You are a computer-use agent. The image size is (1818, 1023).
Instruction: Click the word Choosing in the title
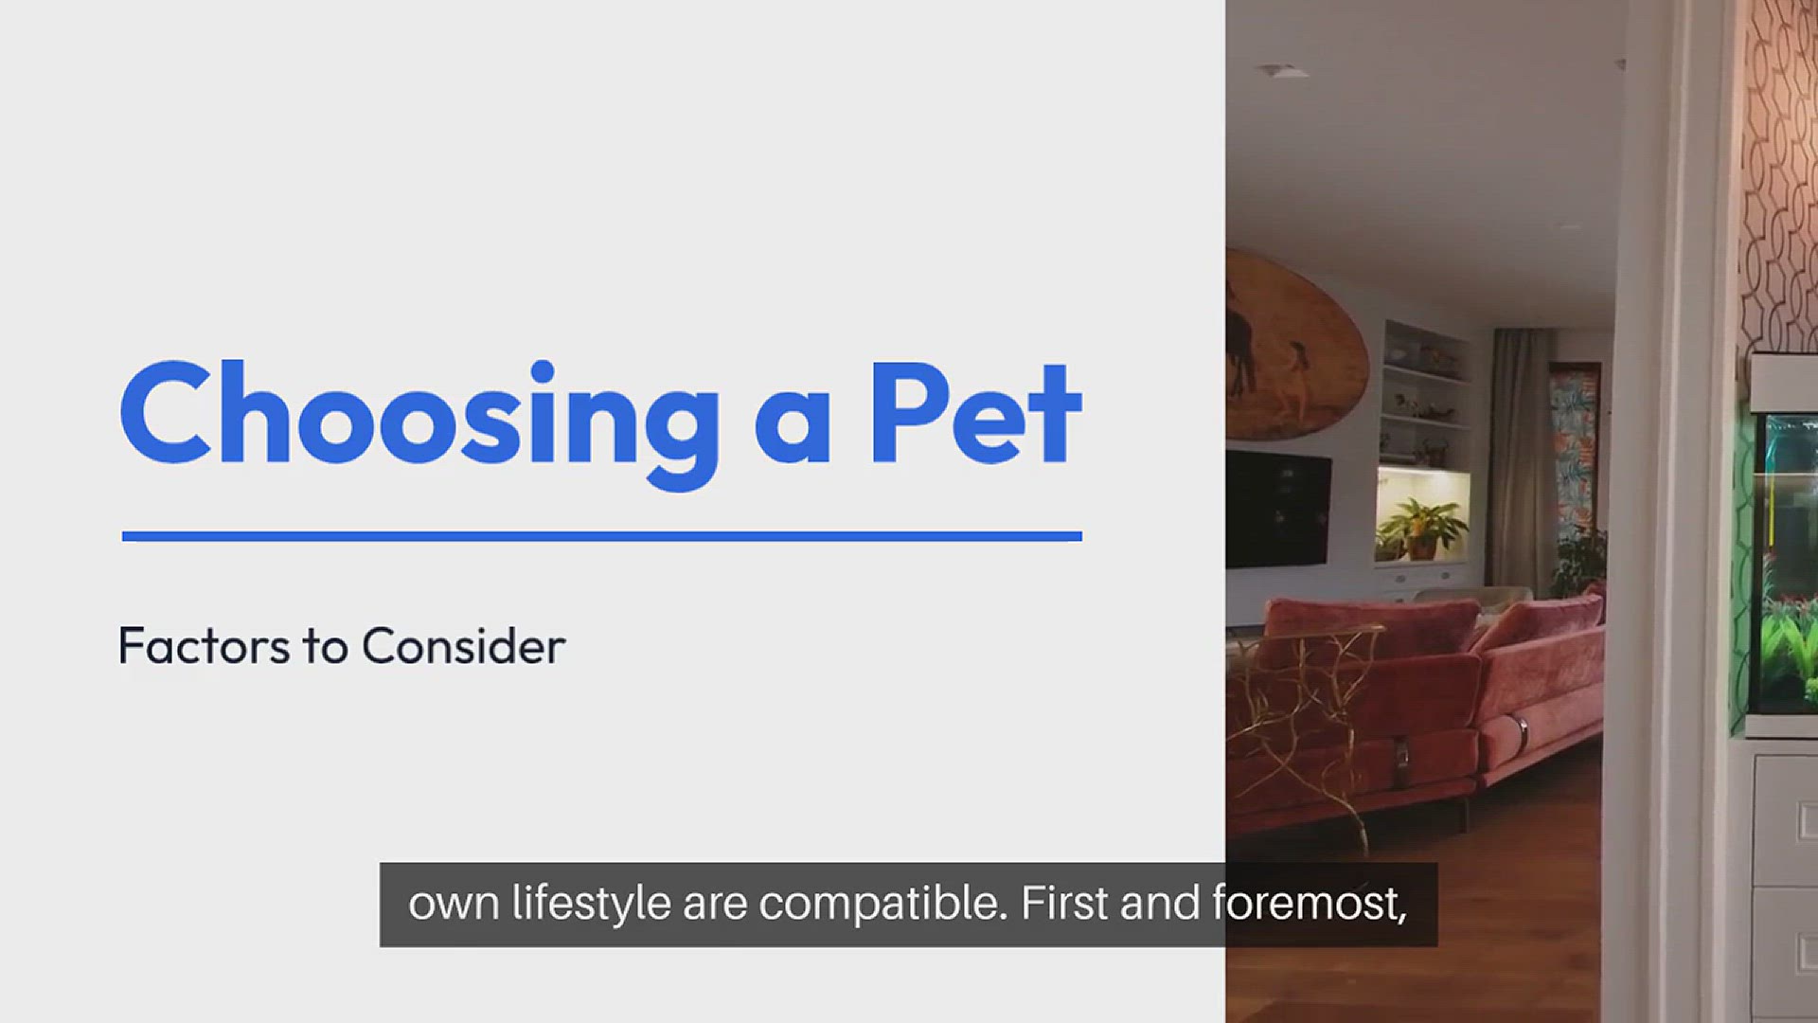point(419,423)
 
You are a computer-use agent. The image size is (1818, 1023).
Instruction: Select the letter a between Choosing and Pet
point(793,427)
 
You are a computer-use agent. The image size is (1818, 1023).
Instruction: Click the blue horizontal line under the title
point(602,536)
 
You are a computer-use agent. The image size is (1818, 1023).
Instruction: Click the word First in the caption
point(1063,903)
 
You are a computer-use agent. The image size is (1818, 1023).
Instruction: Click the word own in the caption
point(454,906)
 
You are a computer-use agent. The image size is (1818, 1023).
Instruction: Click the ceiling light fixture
point(1283,71)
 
